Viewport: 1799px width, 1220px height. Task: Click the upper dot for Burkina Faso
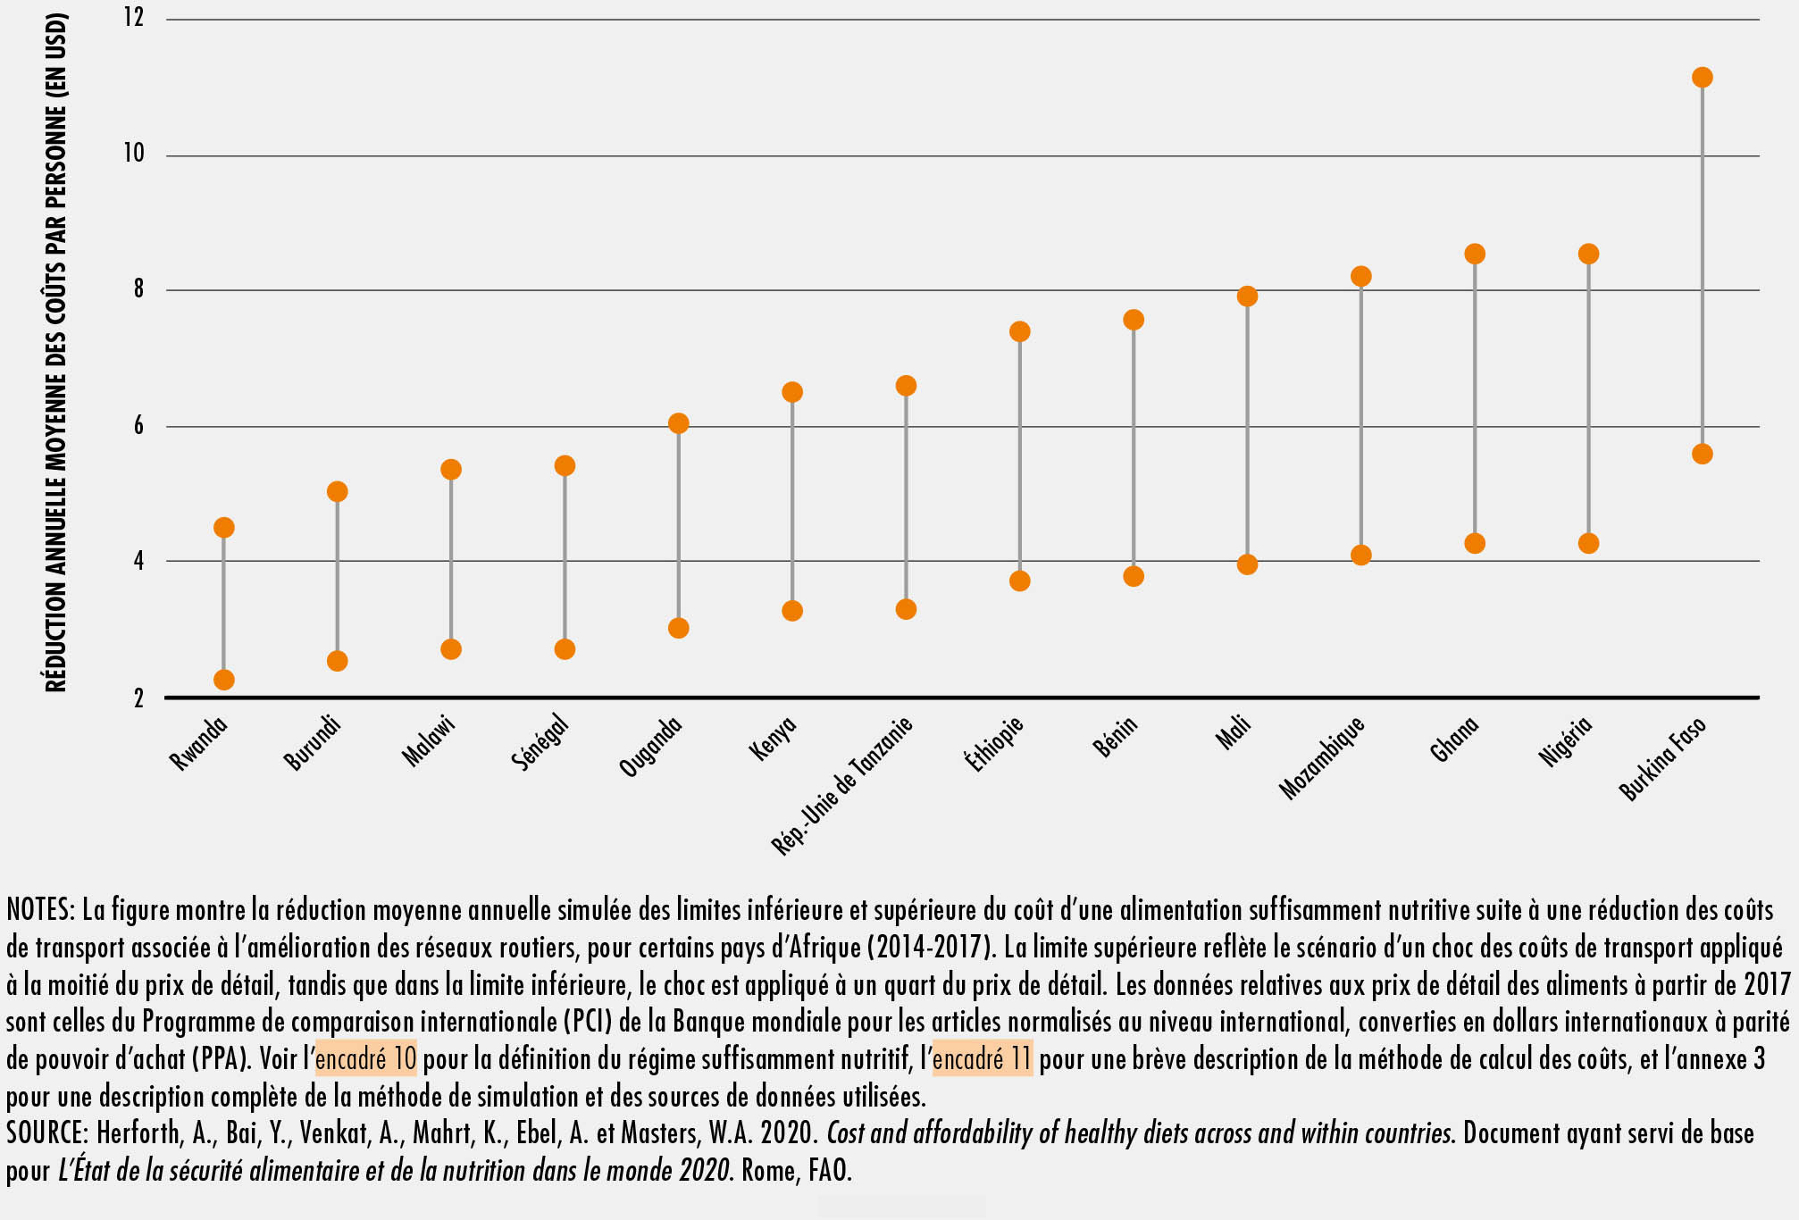point(1702,78)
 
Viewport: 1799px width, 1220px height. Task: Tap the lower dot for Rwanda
point(223,680)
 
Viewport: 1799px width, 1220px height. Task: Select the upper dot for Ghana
point(1474,254)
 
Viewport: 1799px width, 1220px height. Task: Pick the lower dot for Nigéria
point(1588,543)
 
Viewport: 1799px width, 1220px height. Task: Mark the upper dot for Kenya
point(792,392)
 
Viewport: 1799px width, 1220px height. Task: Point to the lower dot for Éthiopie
point(1019,581)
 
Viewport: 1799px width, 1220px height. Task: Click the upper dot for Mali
point(1247,297)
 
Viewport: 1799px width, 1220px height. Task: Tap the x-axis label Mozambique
point(1322,757)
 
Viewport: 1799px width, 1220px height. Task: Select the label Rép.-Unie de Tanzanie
point(842,786)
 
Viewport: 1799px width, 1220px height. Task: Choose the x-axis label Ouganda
point(651,747)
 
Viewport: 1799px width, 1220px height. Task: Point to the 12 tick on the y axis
point(134,18)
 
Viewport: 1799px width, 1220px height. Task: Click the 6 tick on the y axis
point(138,426)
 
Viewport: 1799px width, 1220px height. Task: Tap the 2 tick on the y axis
point(138,698)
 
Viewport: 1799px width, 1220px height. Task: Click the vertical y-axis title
point(56,353)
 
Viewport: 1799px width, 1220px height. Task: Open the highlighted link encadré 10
point(366,1059)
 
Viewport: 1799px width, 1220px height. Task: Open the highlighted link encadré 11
point(982,1059)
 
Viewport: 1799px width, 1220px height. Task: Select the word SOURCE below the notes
point(46,1133)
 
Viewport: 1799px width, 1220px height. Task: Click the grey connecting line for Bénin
point(1134,447)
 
